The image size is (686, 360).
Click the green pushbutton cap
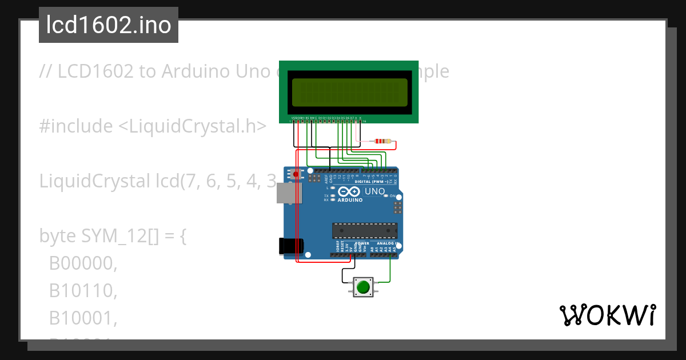(362, 286)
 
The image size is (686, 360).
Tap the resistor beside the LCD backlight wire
(382, 141)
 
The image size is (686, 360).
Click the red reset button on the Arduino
(296, 173)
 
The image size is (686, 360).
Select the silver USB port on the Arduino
(288, 193)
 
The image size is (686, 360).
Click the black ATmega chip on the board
(365, 230)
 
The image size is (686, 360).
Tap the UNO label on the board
(374, 191)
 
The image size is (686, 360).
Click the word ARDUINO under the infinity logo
(350, 201)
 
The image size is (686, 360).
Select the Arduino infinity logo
(350, 192)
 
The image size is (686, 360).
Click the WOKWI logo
(607, 315)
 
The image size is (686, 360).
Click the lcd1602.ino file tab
(109, 25)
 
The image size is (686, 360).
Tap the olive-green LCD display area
(349, 91)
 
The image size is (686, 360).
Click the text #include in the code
(76, 126)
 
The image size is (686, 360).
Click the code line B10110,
(83, 291)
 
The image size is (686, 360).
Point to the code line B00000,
(83, 263)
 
